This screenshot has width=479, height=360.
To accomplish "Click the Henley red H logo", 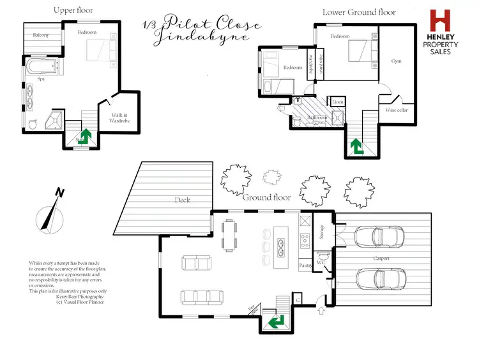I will [440, 21].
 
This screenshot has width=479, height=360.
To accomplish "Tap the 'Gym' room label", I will [397, 61].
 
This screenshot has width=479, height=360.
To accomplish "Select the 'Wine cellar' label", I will [397, 110].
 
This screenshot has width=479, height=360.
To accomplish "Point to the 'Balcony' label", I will [41, 35].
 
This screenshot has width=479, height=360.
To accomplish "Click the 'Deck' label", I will [183, 200].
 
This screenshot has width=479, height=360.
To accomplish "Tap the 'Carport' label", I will [381, 259].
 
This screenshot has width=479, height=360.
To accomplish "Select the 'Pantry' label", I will [305, 264].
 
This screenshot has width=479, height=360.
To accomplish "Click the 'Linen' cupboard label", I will [337, 102].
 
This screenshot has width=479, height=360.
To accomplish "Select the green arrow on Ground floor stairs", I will [277, 321].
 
